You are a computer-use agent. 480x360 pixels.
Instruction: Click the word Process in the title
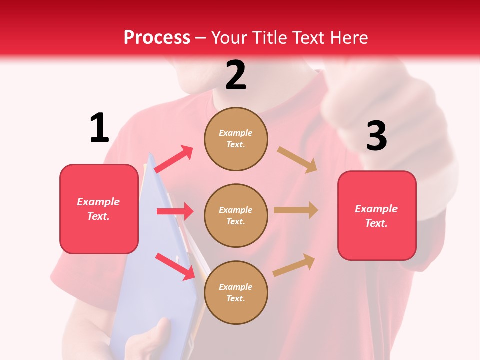[157, 38]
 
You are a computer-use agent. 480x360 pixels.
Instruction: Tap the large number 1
[99, 128]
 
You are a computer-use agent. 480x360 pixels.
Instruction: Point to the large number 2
[236, 75]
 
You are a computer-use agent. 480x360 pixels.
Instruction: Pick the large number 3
[376, 136]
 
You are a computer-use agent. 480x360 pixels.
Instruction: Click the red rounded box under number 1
[99, 209]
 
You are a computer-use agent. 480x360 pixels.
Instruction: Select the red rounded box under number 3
[377, 216]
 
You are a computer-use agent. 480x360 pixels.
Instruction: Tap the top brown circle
[236, 139]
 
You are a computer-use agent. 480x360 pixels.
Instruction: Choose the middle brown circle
[236, 215]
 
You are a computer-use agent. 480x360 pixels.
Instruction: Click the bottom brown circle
[236, 292]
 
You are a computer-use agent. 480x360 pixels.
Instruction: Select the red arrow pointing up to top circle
[174, 159]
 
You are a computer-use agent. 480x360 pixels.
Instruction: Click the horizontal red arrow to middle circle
[175, 211]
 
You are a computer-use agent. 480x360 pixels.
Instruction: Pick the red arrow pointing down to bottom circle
[175, 266]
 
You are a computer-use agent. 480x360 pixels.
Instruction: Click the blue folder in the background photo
[150, 300]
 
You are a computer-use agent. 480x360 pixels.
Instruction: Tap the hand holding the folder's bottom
[150, 340]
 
